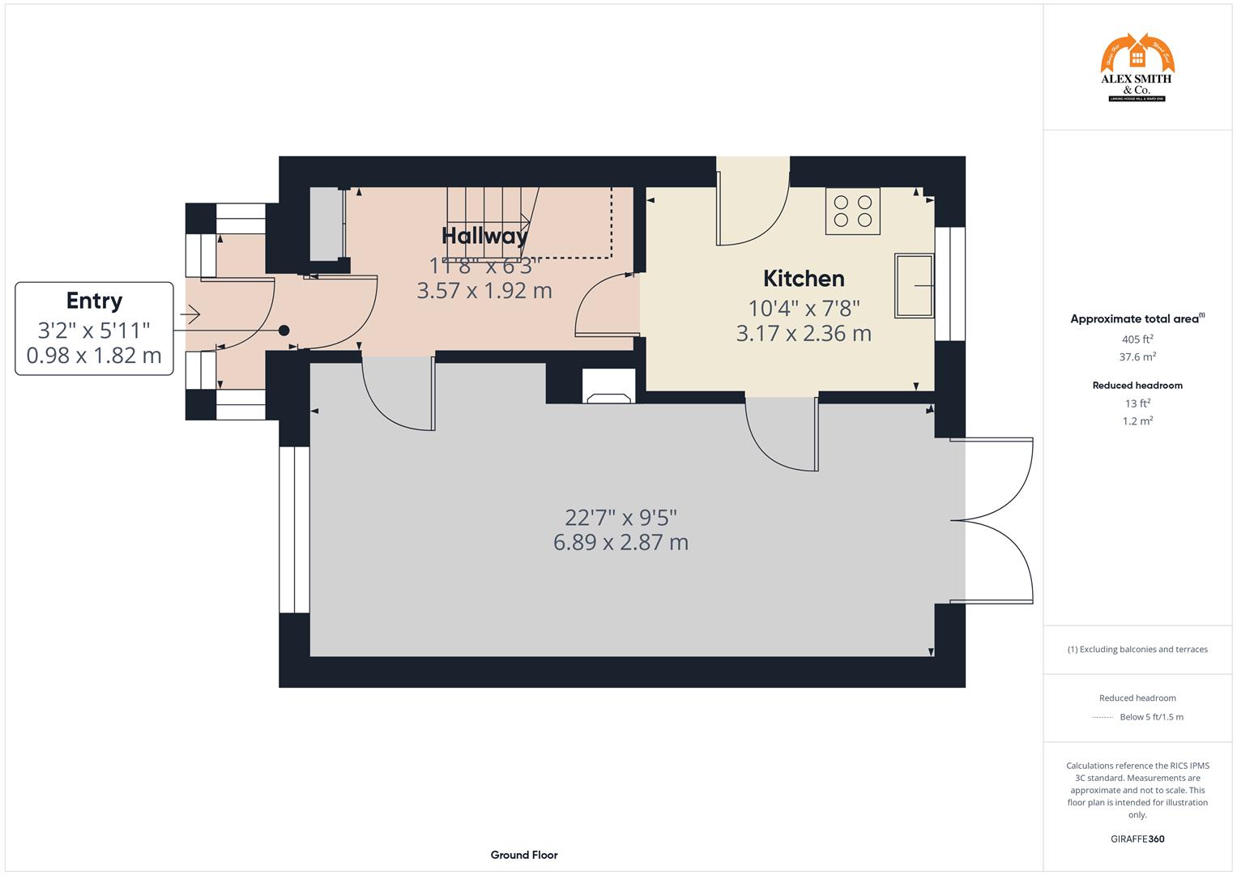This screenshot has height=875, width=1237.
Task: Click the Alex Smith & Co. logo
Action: pyautogui.click(x=1137, y=68)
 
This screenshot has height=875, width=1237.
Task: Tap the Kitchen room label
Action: pyautogui.click(x=804, y=279)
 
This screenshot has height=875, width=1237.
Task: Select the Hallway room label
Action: pyautogui.click(x=484, y=236)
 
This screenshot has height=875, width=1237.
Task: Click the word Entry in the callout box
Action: pyautogui.click(x=94, y=301)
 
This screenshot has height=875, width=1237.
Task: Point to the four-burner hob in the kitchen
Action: pyautogui.click(x=852, y=211)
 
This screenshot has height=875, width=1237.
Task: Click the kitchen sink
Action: pyautogui.click(x=915, y=285)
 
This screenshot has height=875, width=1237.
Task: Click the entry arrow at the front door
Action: pyautogui.click(x=191, y=313)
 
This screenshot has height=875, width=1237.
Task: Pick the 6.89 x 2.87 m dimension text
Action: pyautogui.click(x=621, y=542)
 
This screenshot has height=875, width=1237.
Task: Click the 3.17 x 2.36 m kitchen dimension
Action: pyautogui.click(x=804, y=333)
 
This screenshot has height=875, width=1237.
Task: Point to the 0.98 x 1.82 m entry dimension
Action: pyautogui.click(x=94, y=355)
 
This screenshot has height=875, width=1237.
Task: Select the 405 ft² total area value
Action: pyautogui.click(x=1137, y=339)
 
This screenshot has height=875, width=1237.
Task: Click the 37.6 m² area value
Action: pyautogui.click(x=1137, y=356)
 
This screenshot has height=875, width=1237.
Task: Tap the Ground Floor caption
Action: pyautogui.click(x=524, y=855)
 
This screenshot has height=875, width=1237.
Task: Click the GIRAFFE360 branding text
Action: pyautogui.click(x=1137, y=839)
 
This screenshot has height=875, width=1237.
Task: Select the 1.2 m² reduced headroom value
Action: pyautogui.click(x=1137, y=420)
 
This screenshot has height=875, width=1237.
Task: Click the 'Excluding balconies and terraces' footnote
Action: pyautogui.click(x=1137, y=649)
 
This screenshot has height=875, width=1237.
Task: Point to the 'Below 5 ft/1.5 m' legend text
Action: pyautogui.click(x=1150, y=717)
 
